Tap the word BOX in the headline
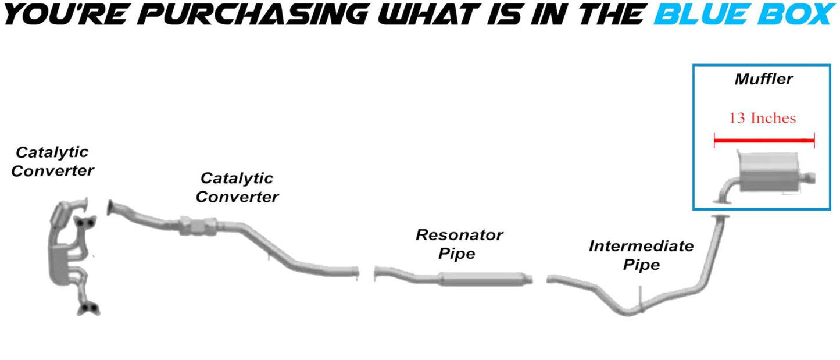[797, 14]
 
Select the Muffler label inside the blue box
[763, 79]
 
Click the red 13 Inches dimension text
[763, 118]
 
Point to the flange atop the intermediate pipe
[721, 217]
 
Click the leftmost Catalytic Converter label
[52, 162]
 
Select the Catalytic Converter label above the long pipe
[237, 187]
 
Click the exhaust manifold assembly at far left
[70, 250]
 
